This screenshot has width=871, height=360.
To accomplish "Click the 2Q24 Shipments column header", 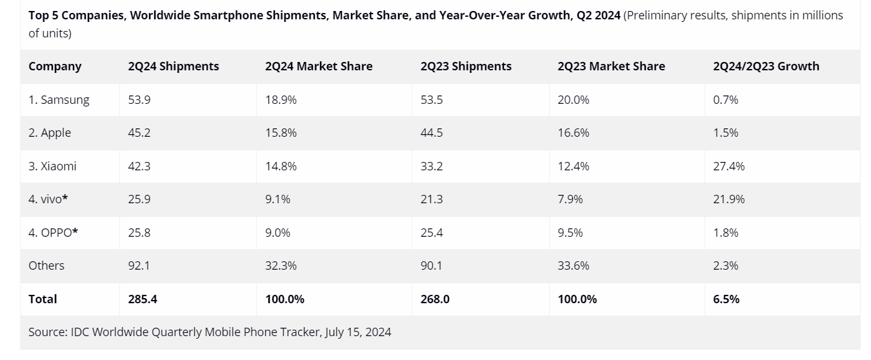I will point(174,66).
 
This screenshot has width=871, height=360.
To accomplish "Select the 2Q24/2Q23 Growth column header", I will point(766,66).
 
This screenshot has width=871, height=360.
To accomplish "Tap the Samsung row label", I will point(59,100).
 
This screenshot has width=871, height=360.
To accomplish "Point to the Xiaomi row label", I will point(52,166).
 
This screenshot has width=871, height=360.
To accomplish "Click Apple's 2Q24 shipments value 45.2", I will point(139,133).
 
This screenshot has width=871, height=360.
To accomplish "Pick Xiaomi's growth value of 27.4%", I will point(728,166).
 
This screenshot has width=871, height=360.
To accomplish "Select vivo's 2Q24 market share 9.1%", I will point(277,199).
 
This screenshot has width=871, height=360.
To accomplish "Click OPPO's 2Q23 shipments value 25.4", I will point(431,232).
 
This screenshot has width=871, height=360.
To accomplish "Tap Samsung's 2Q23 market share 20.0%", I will point(573,100).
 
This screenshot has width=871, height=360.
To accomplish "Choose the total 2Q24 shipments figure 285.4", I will point(143,299).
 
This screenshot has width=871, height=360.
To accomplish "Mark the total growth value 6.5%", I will point(726,299).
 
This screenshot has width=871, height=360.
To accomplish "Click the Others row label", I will point(46,266).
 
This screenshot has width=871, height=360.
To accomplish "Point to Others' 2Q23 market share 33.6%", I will point(573,266).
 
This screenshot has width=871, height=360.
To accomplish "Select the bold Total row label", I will point(43,299).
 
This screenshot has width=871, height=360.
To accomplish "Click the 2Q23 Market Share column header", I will point(611,66).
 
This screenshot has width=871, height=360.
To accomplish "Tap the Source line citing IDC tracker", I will point(210,332).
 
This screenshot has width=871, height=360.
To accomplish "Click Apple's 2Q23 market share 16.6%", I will point(573,133).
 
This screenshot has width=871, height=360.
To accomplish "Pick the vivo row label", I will point(48,199).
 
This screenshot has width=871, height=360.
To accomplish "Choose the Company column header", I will point(55,66).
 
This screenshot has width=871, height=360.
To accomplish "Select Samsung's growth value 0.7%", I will point(725,100).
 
